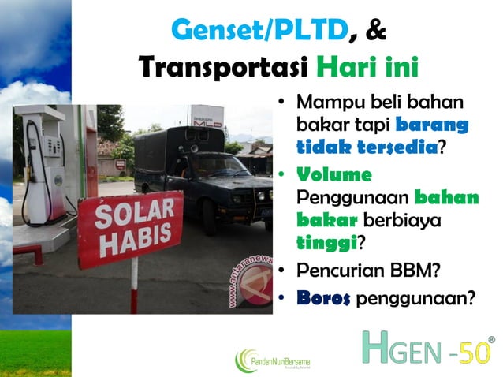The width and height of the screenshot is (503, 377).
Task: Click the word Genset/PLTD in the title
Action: [x=259, y=30]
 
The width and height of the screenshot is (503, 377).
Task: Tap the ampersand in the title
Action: [x=376, y=30]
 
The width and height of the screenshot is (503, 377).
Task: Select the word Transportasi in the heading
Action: [x=222, y=67]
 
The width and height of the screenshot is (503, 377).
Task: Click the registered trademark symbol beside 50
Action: [x=492, y=340]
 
